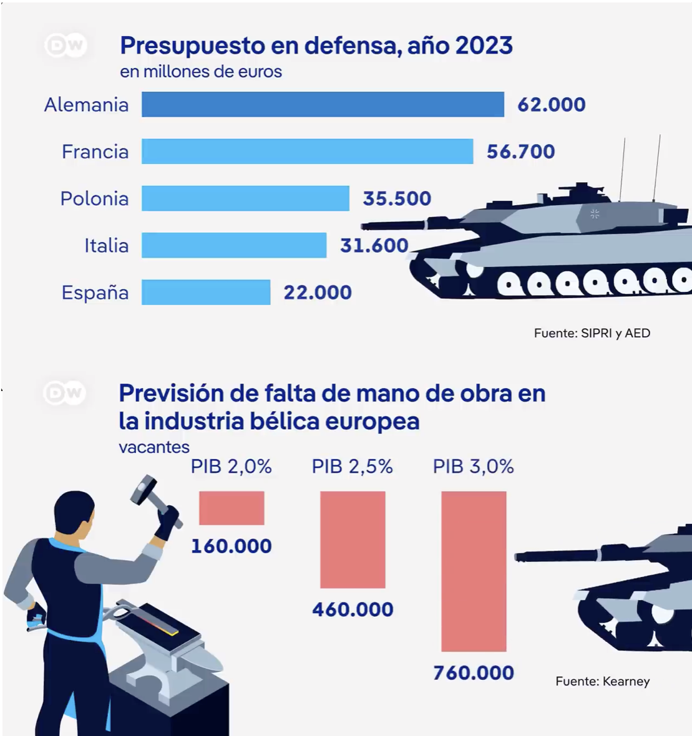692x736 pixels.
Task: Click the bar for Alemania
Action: [x=323, y=104]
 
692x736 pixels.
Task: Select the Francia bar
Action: [x=307, y=152]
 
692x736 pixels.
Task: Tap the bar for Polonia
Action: [x=245, y=198]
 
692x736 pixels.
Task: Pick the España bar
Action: [x=206, y=293]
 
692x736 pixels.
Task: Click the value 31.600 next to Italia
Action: [x=374, y=246]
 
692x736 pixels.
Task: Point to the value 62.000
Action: [x=551, y=105]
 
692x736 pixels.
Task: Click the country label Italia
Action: [x=106, y=246]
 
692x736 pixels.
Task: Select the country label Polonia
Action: [x=94, y=199]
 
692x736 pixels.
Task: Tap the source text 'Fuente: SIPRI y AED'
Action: [x=592, y=333]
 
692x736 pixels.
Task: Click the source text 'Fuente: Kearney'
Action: [x=602, y=681]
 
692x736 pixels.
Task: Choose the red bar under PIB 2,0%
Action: [x=231, y=508]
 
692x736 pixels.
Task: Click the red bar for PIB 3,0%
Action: [x=474, y=571]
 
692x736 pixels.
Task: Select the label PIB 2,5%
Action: [x=352, y=467]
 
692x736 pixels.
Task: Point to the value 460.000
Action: [x=353, y=609]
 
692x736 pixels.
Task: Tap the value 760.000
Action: [x=474, y=673]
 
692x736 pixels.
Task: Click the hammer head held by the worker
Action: [x=144, y=488]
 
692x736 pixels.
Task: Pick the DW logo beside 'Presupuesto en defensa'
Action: [x=65, y=46]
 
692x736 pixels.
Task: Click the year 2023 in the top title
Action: [x=484, y=46]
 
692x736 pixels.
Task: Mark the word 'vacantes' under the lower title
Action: [x=154, y=447]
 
